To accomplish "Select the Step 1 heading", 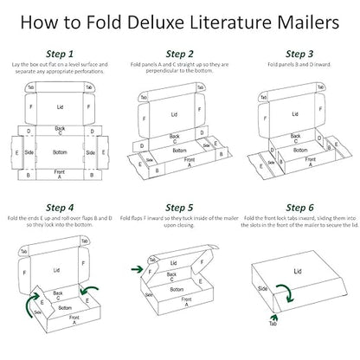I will [x=59, y=54].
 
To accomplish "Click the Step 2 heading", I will [x=180, y=54].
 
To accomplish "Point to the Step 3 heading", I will [x=298, y=54].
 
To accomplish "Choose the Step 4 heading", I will [x=59, y=208].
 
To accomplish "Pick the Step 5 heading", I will [x=180, y=208].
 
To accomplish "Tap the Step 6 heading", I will [x=298, y=208].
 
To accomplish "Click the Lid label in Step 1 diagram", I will [x=60, y=107].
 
